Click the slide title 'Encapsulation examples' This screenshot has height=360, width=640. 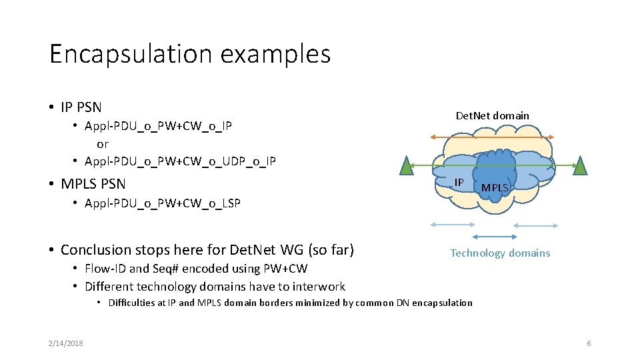point(190,54)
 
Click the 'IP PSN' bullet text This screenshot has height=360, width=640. point(81,107)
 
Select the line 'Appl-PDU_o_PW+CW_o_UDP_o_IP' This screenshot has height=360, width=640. point(180,161)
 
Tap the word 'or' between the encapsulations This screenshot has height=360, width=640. point(103,144)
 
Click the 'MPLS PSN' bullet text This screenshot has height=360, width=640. point(93,183)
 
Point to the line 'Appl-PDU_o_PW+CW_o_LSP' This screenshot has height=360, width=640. point(162,203)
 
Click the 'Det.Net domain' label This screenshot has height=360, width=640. point(492,116)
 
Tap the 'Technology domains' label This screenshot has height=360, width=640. point(500,253)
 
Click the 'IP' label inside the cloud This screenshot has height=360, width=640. point(459,183)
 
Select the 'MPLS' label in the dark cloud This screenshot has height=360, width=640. point(495,188)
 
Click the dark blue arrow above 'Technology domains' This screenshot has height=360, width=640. point(494,237)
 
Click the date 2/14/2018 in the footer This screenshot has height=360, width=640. point(65,343)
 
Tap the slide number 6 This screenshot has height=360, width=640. point(589,343)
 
